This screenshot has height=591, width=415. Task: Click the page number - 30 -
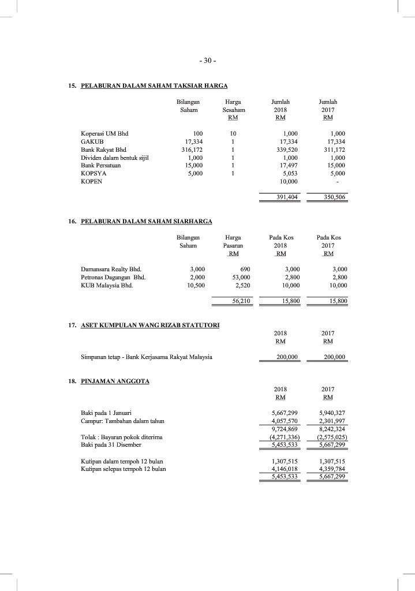point(207,61)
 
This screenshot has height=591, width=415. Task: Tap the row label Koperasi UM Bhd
point(104,133)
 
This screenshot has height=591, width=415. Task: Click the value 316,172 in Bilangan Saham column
point(192,149)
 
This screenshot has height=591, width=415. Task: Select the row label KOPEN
point(92,181)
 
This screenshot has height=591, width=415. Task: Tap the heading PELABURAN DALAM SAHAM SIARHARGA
point(147,222)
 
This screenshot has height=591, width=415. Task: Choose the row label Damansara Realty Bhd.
point(111,269)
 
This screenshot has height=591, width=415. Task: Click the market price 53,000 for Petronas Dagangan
point(239,277)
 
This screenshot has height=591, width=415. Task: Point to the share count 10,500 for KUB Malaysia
point(193,285)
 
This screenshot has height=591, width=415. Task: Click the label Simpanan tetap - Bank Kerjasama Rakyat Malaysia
point(147,357)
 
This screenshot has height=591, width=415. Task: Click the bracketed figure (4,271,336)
point(284,437)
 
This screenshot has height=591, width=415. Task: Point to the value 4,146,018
point(285,469)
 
